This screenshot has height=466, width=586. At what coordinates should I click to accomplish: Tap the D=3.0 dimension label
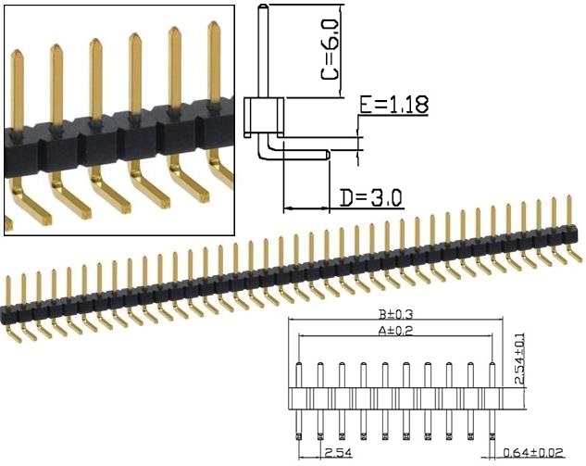(369, 197)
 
